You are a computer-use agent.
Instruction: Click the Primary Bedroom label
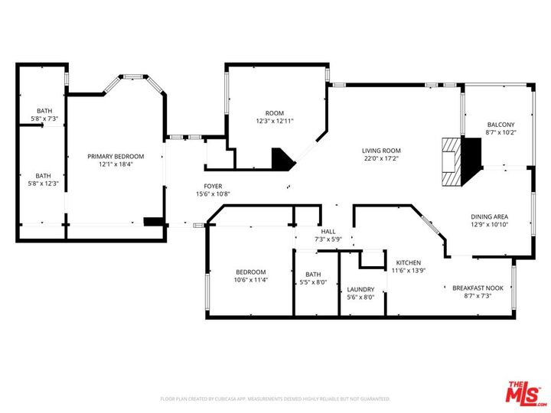point(116,156)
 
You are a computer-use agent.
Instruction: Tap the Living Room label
point(381,151)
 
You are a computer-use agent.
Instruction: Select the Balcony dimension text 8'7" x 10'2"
point(501,132)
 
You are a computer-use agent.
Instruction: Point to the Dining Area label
point(489,216)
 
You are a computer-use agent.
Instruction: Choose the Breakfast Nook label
point(478,288)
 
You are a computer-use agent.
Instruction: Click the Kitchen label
point(408,262)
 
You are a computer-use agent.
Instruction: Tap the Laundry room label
point(360,289)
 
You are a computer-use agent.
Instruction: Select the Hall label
point(328,231)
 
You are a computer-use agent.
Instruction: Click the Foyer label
point(213,186)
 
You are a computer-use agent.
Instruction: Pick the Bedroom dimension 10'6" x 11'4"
point(250,280)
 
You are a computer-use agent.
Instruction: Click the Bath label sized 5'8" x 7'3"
point(44,111)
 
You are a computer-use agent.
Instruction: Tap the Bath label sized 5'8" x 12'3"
point(44,175)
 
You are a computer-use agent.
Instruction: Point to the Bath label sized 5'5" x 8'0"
point(313,275)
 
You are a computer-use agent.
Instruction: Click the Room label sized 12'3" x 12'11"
point(275,113)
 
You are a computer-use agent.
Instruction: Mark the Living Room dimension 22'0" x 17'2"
point(381,158)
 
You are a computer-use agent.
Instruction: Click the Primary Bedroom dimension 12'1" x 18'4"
point(116,164)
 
